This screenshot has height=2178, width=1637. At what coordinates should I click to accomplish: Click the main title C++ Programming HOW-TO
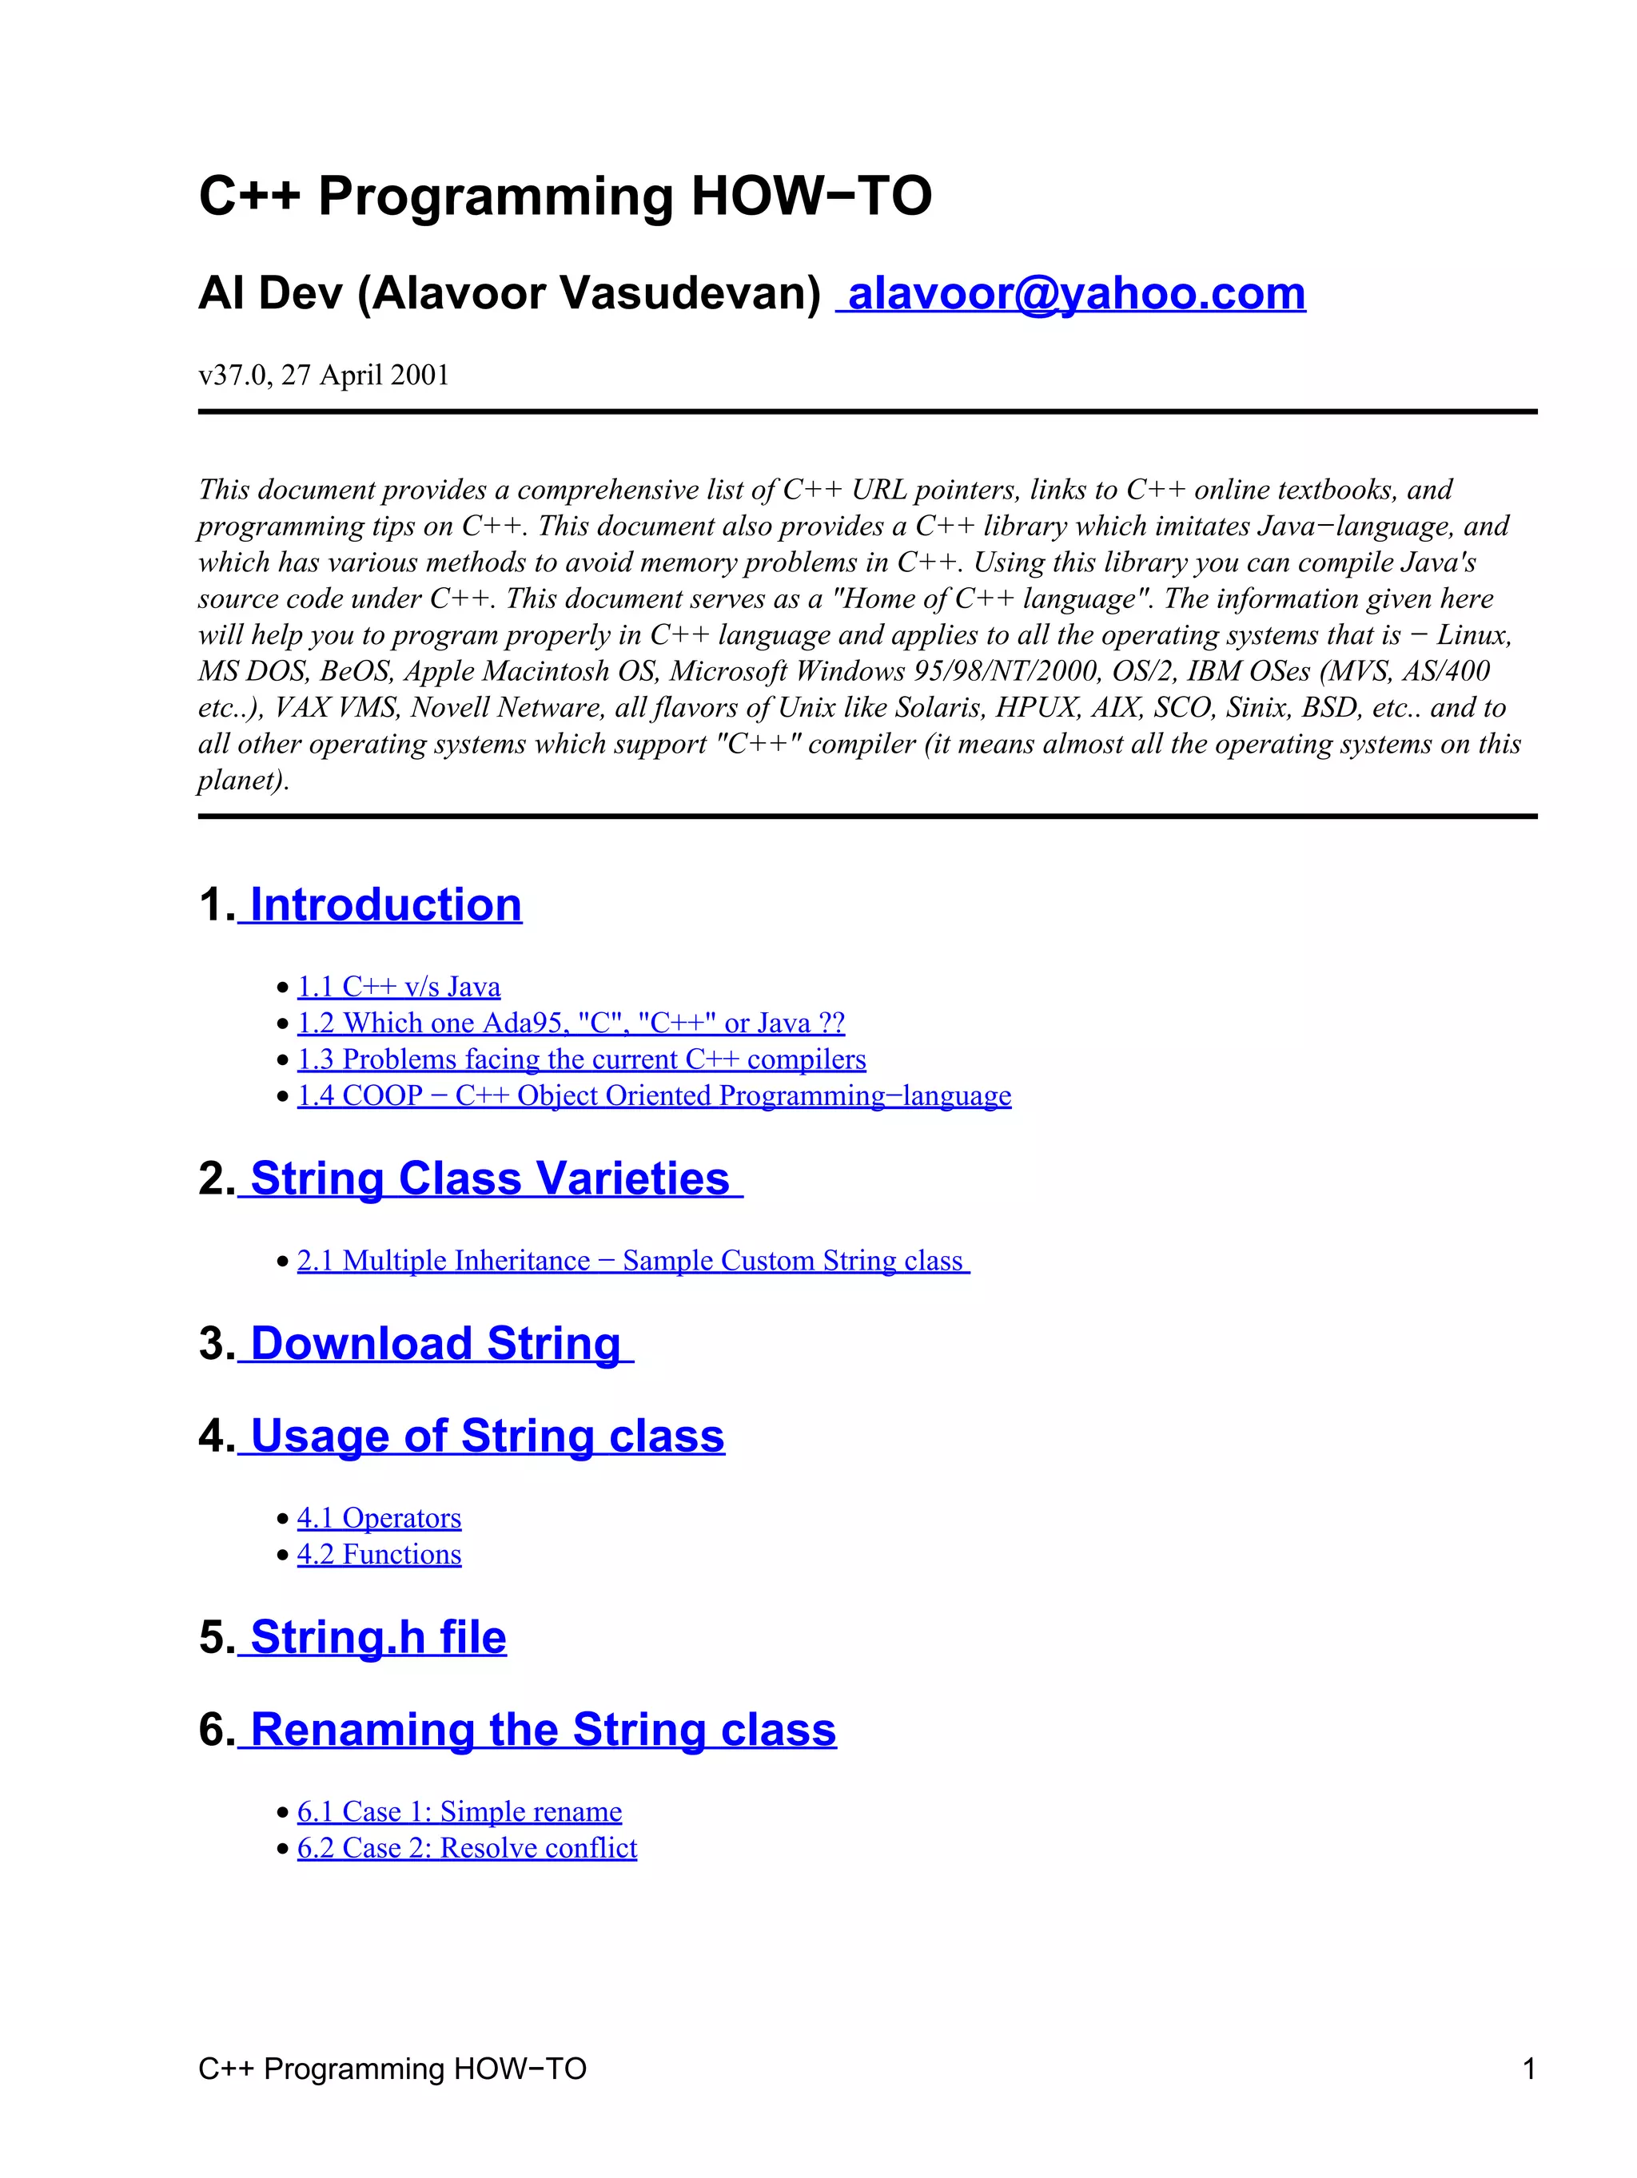(564, 196)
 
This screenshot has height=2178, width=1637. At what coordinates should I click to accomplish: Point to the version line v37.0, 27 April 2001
(323, 376)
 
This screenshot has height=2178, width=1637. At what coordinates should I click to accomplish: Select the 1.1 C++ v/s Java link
(399, 987)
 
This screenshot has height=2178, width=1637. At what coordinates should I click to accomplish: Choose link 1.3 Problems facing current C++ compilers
(581, 1059)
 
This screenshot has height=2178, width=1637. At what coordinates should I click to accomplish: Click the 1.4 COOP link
(654, 1096)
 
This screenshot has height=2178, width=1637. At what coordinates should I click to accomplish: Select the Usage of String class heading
(487, 1436)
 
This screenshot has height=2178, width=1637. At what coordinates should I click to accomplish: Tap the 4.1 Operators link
(379, 1518)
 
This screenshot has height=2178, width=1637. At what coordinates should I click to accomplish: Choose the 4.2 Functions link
(379, 1555)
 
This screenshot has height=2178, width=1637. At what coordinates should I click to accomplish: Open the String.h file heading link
(377, 1637)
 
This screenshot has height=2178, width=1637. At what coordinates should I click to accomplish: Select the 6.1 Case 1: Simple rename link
(459, 1812)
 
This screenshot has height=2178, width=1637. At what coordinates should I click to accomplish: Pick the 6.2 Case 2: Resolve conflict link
(467, 1848)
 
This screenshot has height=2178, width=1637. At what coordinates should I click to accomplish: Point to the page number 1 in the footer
(1528, 2069)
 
